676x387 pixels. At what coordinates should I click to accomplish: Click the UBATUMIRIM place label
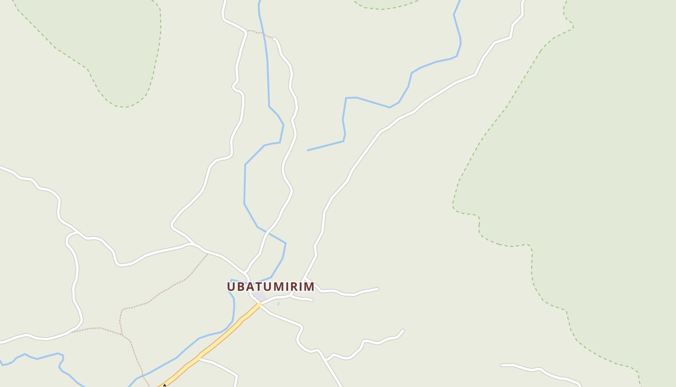pos(270,286)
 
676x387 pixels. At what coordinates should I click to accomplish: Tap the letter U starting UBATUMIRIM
pos(231,286)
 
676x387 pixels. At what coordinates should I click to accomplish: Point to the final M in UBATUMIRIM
pos(310,286)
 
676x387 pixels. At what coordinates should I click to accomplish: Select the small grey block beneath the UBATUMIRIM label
pos(259,296)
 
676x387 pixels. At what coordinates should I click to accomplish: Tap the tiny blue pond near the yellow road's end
pos(278,304)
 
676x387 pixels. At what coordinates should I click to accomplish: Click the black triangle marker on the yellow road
pos(164,386)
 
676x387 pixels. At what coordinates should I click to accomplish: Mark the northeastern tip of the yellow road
pos(260,304)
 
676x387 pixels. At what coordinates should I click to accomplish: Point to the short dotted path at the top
pos(261,33)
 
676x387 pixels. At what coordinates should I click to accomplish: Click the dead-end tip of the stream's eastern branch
pos(308,150)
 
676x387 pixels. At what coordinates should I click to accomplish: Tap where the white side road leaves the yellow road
pos(199,359)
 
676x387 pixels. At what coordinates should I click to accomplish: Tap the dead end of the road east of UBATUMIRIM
pos(378,289)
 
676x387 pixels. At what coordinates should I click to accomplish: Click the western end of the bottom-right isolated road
pos(502,365)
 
